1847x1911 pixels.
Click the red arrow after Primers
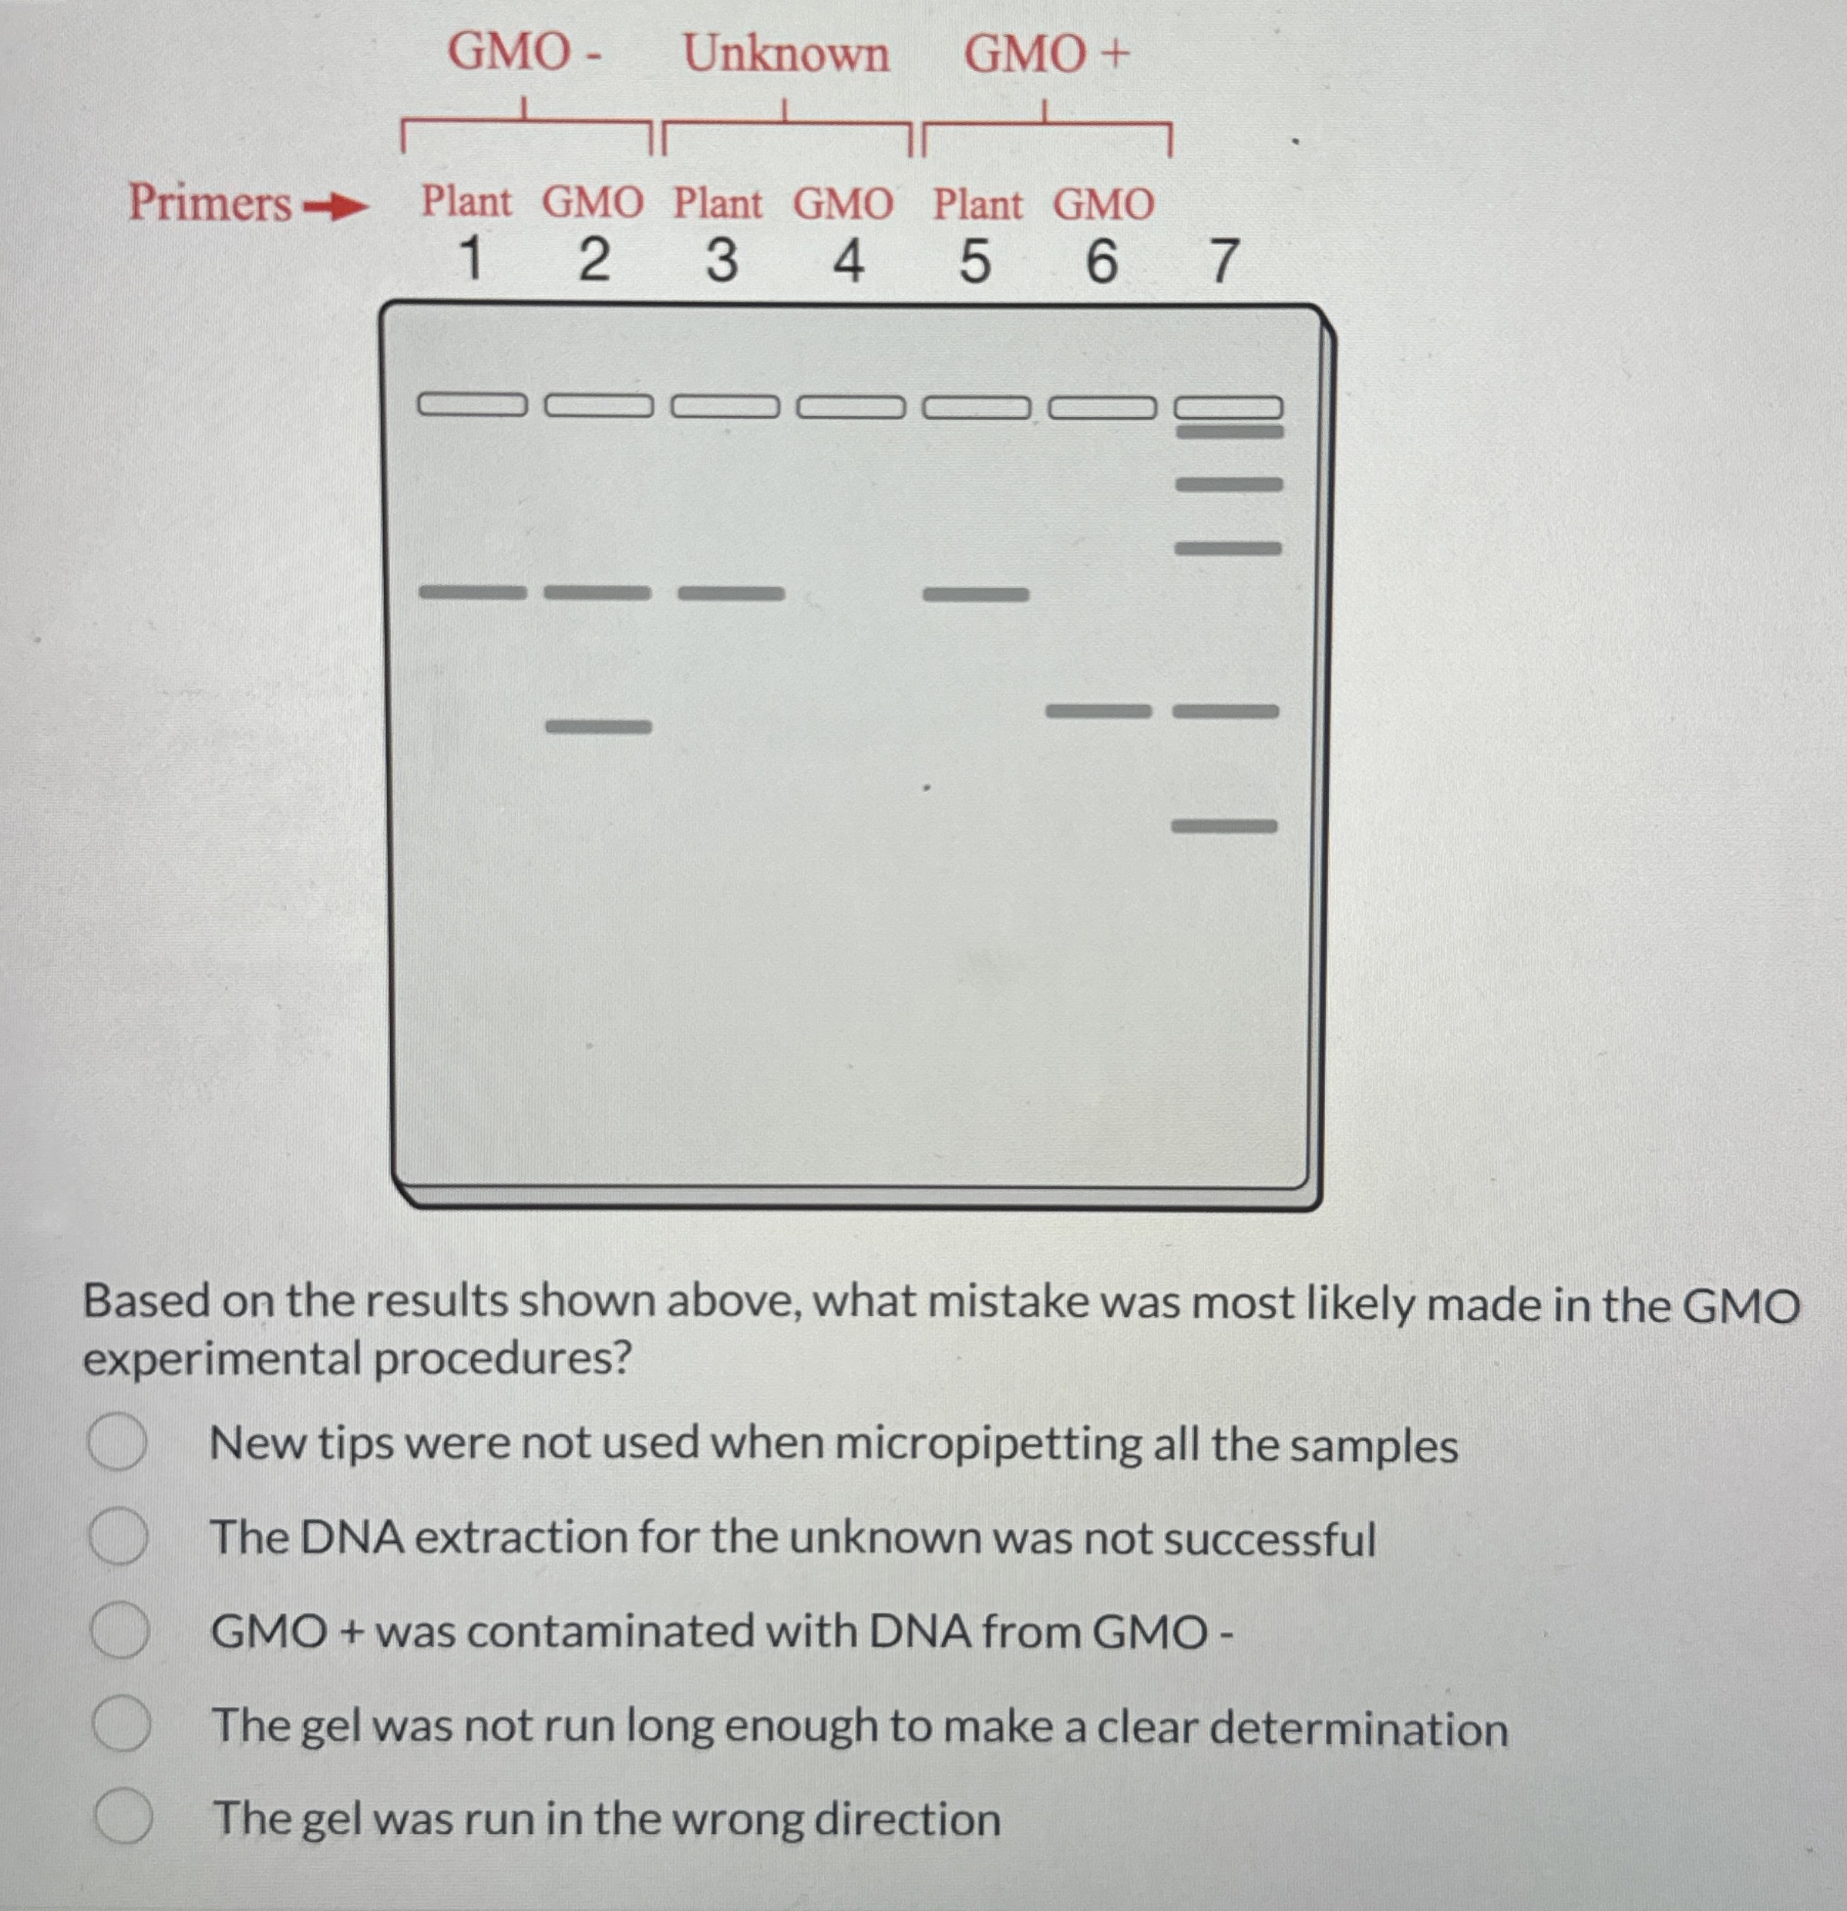[x=335, y=207]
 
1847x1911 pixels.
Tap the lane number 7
[x=1224, y=261]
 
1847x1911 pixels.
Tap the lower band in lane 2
[x=597, y=727]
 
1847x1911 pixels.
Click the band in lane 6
[x=1098, y=710]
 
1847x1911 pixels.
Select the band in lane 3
[x=731, y=593]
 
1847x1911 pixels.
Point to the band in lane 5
[x=975, y=594]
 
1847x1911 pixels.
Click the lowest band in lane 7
[x=1224, y=827]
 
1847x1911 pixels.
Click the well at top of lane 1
[x=472, y=404]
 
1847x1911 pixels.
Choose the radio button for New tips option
[x=118, y=1443]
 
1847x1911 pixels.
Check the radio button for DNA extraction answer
[x=119, y=1537]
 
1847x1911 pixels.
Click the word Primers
[x=210, y=203]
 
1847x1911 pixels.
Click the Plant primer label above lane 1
[x=466, y=202]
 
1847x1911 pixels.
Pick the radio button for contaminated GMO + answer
[x=120, y=1631]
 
